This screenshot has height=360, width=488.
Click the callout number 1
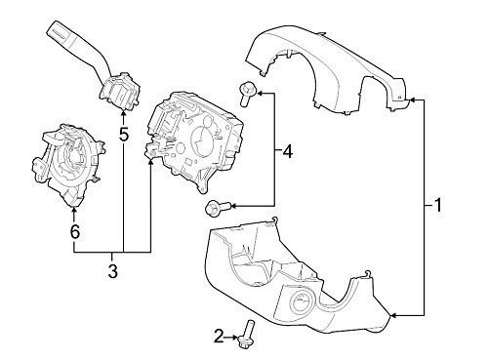[438, 206]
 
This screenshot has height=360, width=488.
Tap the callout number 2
[218, 337]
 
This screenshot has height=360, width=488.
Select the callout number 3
[112, 270]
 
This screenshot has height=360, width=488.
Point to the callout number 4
[287, 152]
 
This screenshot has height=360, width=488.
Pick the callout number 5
[124, 134]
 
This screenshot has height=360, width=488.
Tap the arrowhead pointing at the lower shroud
[393, 314]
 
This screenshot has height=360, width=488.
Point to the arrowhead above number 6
[73, 211]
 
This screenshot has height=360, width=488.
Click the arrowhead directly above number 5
[123, 113]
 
